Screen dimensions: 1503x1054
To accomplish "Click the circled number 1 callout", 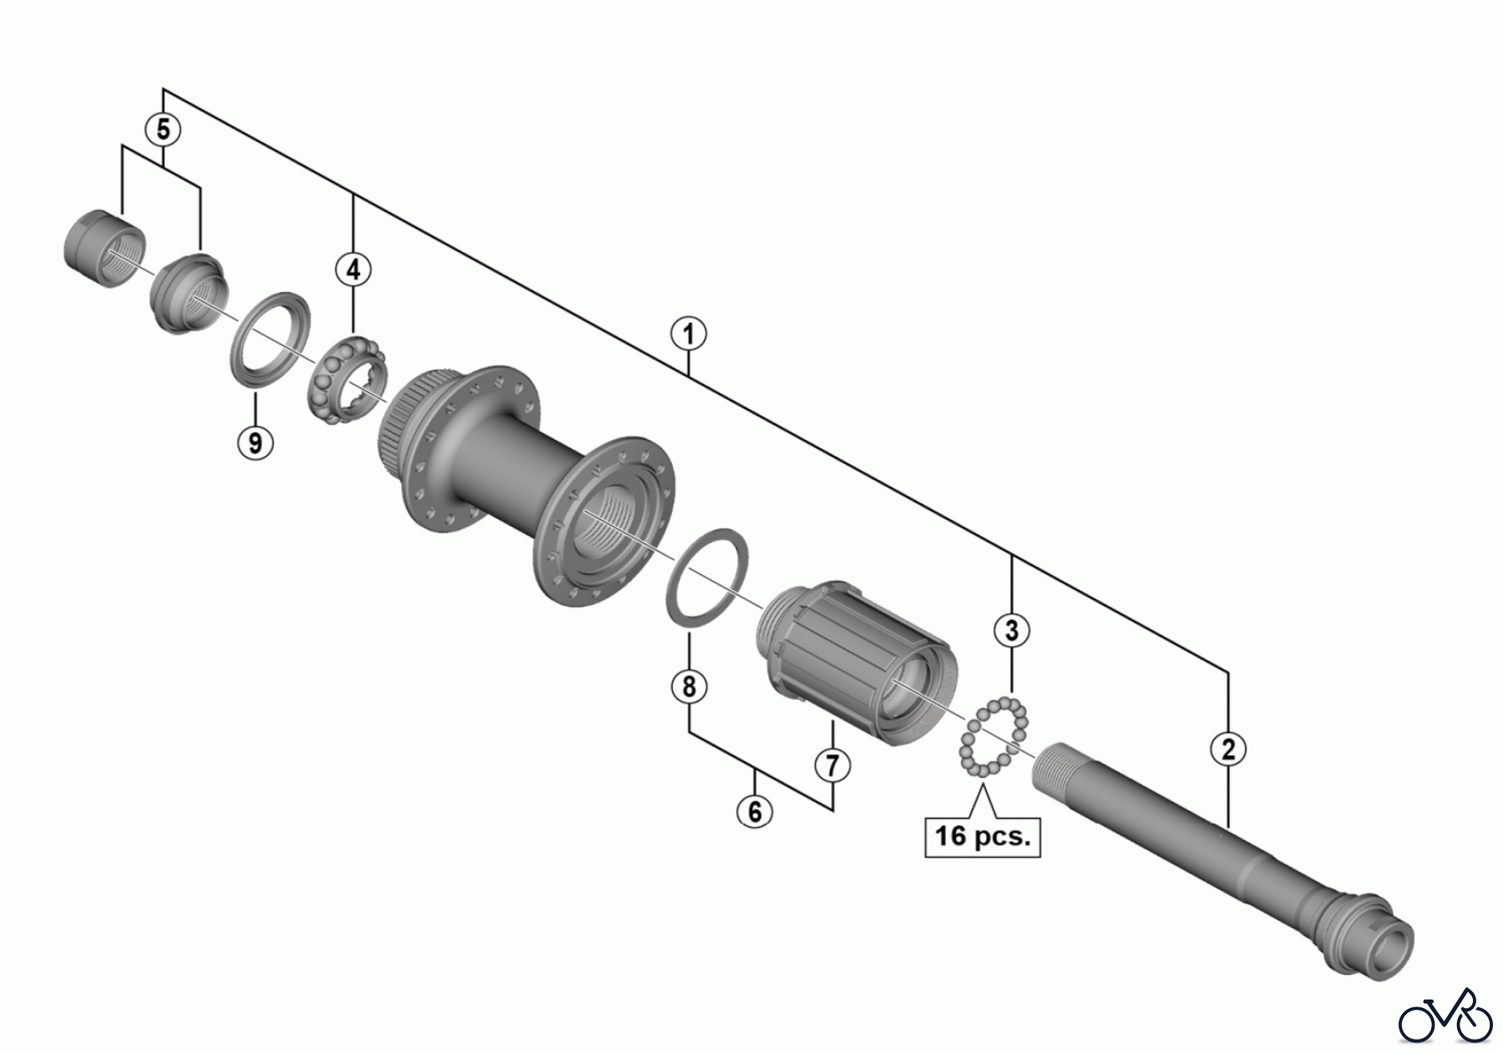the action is pos(688,335).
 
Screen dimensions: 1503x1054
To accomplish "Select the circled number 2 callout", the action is pos(1227,749).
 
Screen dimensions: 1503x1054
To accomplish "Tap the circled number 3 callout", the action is pos(1012,630).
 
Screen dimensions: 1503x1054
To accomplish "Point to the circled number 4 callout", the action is pos(353,270).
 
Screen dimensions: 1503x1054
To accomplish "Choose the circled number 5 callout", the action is pos(163,129).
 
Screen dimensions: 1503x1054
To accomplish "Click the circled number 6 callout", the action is pos(755,811).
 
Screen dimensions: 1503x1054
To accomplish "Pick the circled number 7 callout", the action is pos(832,764).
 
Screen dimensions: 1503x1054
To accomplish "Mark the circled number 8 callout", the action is pos(689,687).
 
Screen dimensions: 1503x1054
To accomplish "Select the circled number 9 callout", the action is pos(256,441).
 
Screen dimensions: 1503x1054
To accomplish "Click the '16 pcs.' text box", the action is pos(983,835).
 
